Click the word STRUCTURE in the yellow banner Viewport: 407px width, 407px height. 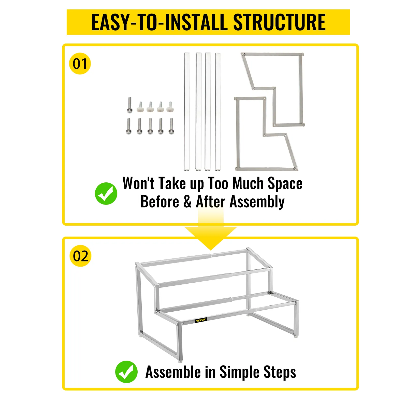coord(279,22)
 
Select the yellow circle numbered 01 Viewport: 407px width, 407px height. coord(80,64)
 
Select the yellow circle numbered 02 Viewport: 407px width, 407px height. coord(80,256)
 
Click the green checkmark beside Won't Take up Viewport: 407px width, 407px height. coord(106,193)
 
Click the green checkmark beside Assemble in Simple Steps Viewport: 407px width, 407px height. coord(126,372)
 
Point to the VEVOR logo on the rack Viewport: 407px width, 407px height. coord(200,320)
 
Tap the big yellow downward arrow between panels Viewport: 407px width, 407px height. coord(211,229)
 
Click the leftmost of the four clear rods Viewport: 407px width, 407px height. coord(187,111)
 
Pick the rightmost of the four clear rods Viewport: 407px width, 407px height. coord(218,111)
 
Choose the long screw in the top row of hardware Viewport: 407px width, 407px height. coord(129,105)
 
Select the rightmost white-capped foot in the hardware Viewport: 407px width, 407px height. coord(170,107)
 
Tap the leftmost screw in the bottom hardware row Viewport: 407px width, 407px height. coord(129,126)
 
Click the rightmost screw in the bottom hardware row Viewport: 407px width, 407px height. coord(171,126)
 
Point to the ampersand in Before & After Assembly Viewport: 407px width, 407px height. coord(187,202)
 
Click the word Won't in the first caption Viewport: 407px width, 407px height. coord(138,183)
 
